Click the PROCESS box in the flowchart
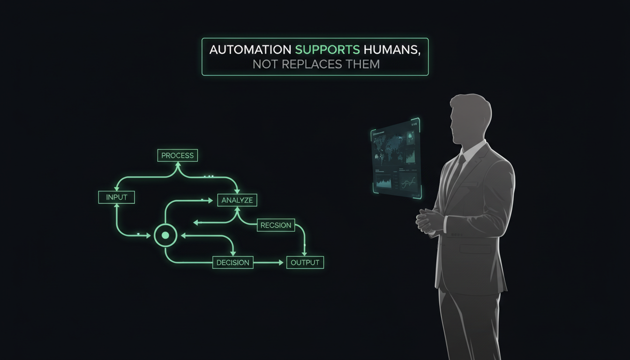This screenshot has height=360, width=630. coord(178,155)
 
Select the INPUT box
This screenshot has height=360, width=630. coord(117,197)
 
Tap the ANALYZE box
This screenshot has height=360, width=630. coord(237,200)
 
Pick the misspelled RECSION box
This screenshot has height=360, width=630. coord(276,225)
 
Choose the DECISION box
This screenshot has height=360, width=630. coord(233,262)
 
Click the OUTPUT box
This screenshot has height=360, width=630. coord(305,262)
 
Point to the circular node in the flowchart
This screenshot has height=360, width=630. coord(165,235)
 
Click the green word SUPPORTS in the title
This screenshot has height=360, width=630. coord(328,50)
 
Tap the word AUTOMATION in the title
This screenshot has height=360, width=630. coord(250,50)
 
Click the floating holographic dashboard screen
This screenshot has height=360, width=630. coord(396,157)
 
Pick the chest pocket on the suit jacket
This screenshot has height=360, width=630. coord(475,248)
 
